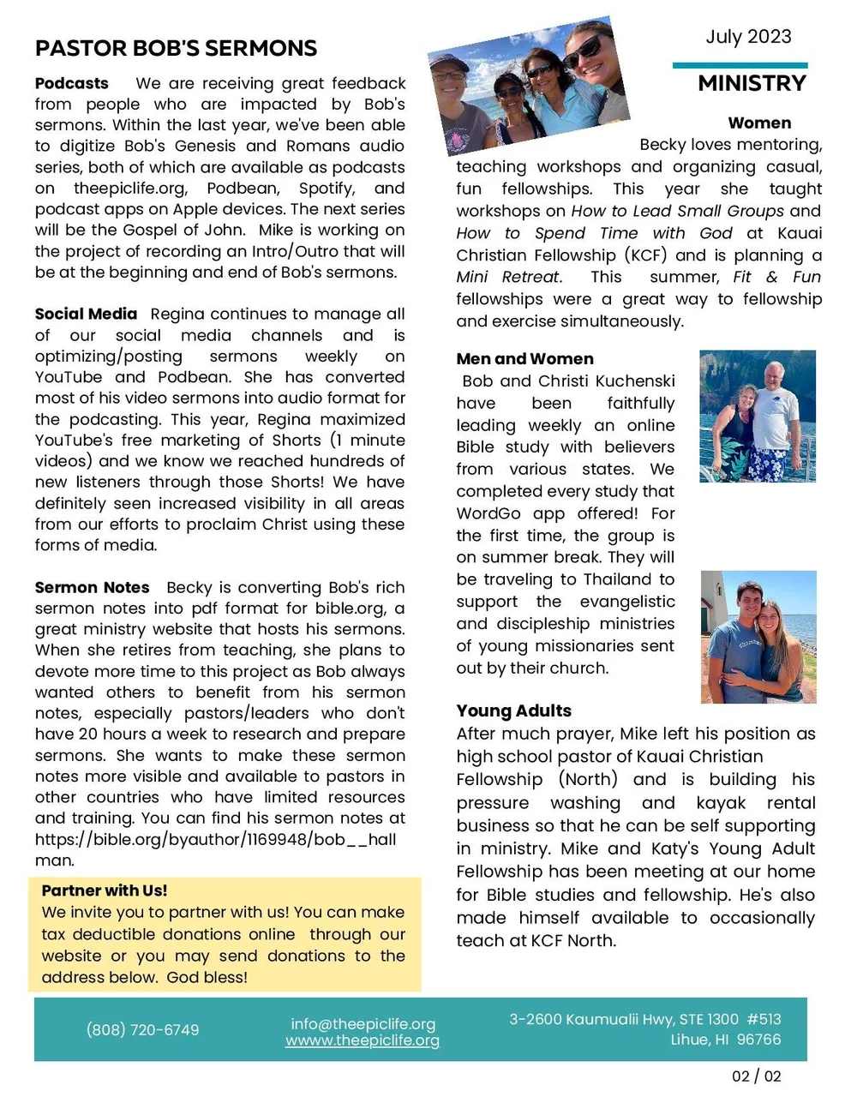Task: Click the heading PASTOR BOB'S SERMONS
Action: click(176, 49)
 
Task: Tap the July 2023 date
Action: click(748, 37)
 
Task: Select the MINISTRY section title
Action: click(752, 83)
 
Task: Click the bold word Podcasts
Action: click(72, 84)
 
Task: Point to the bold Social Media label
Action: click(86, 315)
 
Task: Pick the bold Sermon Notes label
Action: click(92, 588)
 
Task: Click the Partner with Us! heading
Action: click(105, 890)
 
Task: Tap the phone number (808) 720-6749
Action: click(142, 1029)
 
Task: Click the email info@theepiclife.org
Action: click(363, 1023)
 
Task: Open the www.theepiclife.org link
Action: click(363, 1040)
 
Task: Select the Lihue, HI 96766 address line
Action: click(725, 1040)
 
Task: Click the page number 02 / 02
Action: click(756, 1076)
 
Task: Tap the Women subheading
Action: click(759, 123)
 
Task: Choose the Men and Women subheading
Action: click(524, 359)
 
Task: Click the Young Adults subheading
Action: click(513, 710)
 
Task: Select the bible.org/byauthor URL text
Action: click(215, 840)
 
